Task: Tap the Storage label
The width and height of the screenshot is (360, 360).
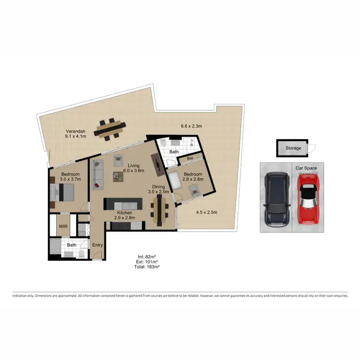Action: (293, 148)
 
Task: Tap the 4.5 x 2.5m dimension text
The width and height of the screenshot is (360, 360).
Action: (206, 212)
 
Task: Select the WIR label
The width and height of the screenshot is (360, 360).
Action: (62, 226)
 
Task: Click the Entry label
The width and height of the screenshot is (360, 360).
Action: (98, 245)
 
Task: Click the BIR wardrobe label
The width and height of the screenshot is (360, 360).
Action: (190, 158)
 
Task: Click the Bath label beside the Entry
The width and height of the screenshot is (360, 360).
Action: (72, 245)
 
